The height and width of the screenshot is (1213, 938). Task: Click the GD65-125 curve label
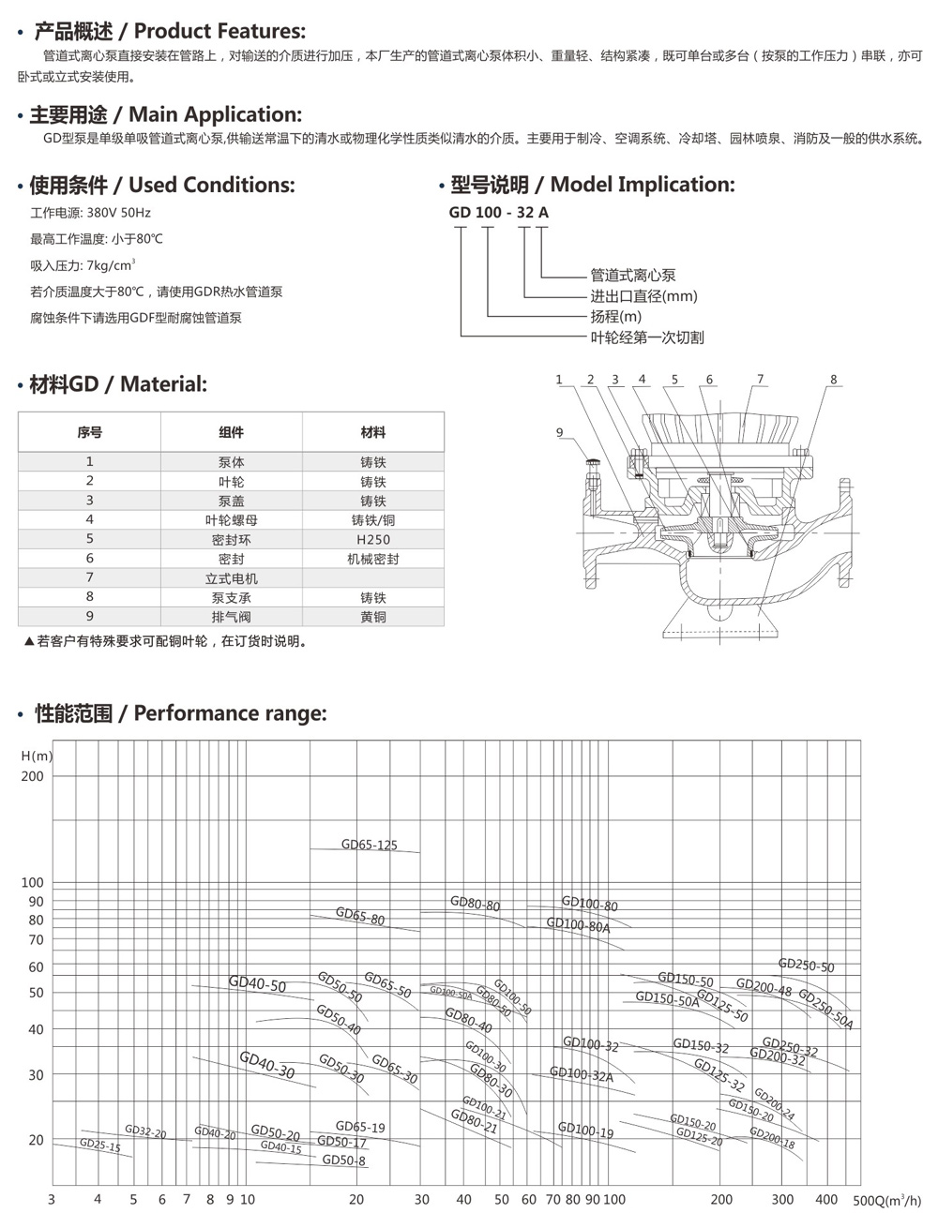(x=369, y=845)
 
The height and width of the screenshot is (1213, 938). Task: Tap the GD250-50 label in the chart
(x=806, y=966)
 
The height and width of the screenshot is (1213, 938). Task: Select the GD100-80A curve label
(x=578, y=926)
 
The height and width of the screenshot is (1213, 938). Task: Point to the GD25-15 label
(x=99, y=1145)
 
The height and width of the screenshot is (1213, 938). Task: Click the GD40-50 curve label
(x=257, y=984)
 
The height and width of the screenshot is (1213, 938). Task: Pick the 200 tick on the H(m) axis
(x=33, y=776)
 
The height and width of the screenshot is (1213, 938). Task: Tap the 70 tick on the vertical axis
(x=36, y=939)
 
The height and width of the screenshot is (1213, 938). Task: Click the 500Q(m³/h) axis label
(x=887, y=1200)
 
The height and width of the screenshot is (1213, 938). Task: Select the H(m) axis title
(x=38, y=756)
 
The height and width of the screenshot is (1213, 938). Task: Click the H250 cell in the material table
(x=372, y=539)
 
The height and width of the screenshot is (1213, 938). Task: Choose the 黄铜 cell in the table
(x=372, y=617)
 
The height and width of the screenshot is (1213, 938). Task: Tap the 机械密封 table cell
(x=372, y=559)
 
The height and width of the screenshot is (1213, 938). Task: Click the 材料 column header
(x=372, y=432)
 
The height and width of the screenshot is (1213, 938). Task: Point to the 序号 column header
(x=90, y=432)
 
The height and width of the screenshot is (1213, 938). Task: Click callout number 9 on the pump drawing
(x=560, y=432)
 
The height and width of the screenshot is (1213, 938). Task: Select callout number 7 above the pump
(x=760, y=379)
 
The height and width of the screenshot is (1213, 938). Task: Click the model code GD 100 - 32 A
(x=498, y=212)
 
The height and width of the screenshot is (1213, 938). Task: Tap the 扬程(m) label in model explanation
(x=615, y=317)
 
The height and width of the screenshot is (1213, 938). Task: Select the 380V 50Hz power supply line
(x=90, y=213)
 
